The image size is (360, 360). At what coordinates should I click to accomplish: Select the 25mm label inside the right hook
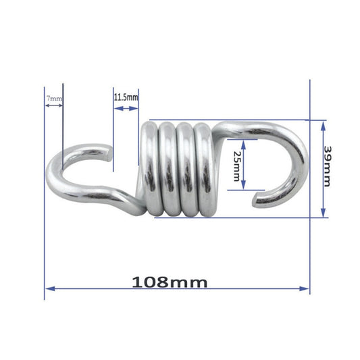click(x=236, y=165)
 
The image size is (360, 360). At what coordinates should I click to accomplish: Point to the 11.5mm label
click(x=126, y=98)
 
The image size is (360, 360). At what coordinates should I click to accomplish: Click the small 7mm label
click(x=54, y=99)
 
